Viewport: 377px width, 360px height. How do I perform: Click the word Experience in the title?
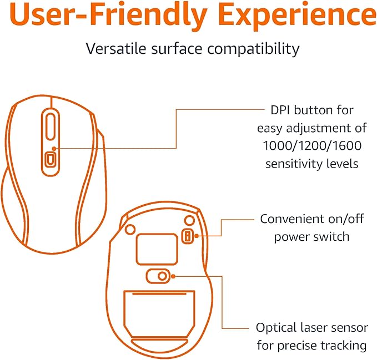point(298,15)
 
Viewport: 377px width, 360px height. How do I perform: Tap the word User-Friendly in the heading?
point(108,15)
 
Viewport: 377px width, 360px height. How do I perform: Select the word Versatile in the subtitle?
point(116,48)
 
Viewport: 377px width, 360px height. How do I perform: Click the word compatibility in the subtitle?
point(253,49)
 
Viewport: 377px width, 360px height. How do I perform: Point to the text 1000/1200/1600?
point(312,146)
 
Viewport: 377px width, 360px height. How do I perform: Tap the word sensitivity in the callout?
point(294,164)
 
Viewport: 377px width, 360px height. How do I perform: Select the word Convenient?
point(292,219)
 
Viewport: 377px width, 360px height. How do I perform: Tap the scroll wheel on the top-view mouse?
point(51,126)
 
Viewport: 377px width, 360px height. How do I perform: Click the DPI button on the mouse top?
point(50,159)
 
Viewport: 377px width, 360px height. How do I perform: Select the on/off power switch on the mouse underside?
point(187,236)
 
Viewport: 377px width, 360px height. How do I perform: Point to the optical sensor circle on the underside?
point(162,276)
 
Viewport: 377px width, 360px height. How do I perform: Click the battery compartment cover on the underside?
point(159,314)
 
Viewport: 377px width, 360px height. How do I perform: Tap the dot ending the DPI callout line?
point(54,149)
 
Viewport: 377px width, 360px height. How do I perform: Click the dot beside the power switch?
point(197,236)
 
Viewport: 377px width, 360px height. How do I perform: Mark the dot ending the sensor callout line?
point(173,276)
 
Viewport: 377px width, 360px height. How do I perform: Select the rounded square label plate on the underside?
point(157,249)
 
